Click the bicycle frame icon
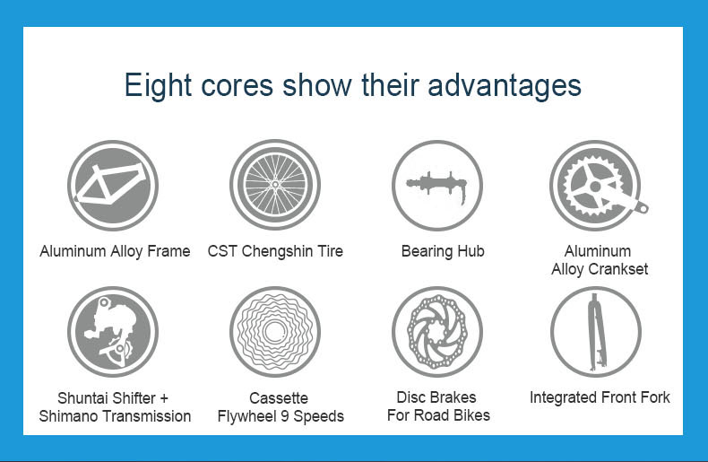click(x=113, y=186)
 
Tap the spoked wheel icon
click(x=275, y=185)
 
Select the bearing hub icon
click(x=437, y=186)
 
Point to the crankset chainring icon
click(x=596, y=186)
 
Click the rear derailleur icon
click(x=113, y=332)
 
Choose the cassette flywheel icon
click(x=275, y=332)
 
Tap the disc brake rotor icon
click(x=437, y=332)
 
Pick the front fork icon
click(x=596, y=332)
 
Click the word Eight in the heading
click(x=158, y=85)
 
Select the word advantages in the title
click(x=505, y=85)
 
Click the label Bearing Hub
click(x=443, y=251)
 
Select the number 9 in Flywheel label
click(x=284, y=416)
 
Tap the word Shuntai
click(x=82, y=398)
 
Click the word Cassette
click(x=279, y=398)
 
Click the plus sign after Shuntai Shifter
click(x=164, y=398)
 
